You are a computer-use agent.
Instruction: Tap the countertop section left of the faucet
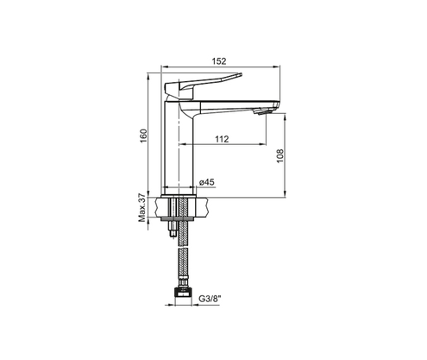(x=163, y=206)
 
